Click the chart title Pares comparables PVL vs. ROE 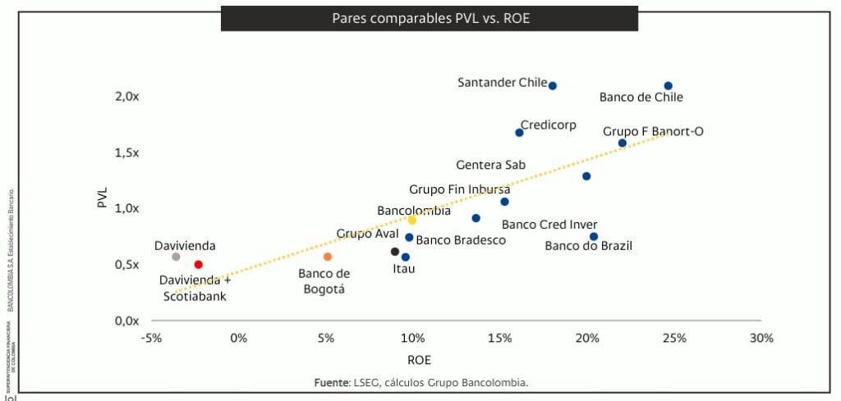coord(430,18)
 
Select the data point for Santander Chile coord(553,85)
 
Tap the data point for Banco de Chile coord(668,85)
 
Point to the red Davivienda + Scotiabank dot coord(198,264)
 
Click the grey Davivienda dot coord(176,257)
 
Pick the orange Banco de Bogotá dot coord(327,257)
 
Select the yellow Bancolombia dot coord(412,220)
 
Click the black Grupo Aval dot coord(395,252)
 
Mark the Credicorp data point coord(519,132)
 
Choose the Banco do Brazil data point coord(594,236)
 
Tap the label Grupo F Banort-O coord(653,131)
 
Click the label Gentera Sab coord(490,165)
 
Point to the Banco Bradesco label coord(461,240)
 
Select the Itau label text coord(404,268)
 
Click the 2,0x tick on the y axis coord(126,96)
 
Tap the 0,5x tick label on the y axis coord(126,265)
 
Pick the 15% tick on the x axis coord(499,338)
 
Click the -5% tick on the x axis coord(151,338)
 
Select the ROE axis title coord(419,360)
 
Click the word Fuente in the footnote coord(332,383)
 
